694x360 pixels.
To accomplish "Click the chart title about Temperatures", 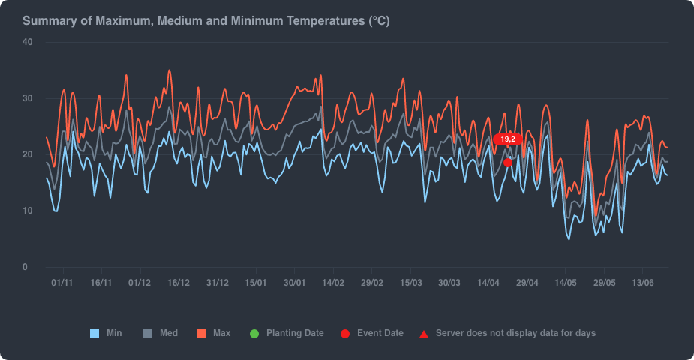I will pyautogui.click(x=206, y=21).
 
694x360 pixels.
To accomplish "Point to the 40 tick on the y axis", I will pyautogui.click(x=27, y=42).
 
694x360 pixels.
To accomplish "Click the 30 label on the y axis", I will pyautogui.click(x=27, y=98).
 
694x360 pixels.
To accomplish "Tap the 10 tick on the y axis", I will pyautogui.click(x=27, y=211).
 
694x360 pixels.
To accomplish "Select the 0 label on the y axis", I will pyautogui.click(x=25, y=267).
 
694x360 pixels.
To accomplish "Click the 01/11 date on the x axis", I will pyautogui.click(x=62, y=283).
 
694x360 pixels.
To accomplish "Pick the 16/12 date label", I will pyautogui.click(x=179, y=283).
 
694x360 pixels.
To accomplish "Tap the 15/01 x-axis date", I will pyautogui.click(x=256, y=283).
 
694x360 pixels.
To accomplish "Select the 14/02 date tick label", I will pyautogui.click(x=333, y=283).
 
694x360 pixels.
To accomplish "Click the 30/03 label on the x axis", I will pyautogui.click(x=449, y=283).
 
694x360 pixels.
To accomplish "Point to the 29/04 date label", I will pyautogui.click(x=527, y=283).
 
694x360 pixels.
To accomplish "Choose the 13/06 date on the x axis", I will pyautogui.click(x=643, y=283).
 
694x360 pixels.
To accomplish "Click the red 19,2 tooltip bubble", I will pyautogui.click(x=508, y=139).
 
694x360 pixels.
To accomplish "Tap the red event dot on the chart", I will pyautogui.click(x=508, y=163).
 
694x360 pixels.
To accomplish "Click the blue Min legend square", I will pyautogui.click(x=95, y=333).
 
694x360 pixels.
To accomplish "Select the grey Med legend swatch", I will pyautogui.click(x=148, y=333).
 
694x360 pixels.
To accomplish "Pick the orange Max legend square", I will pyautogui.click(x=201, y=333).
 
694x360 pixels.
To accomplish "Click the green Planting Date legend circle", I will pyautogui.click(x=254, y=333).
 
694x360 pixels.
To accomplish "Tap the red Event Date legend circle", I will pyautogui.click(x=344, y=333).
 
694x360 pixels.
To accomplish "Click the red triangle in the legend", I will pyautogui.click(x=424, y=333).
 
